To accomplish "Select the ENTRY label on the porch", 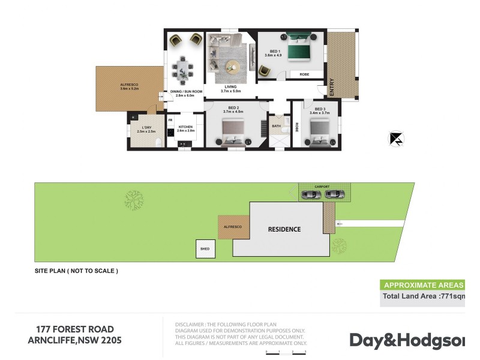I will coord(331,88).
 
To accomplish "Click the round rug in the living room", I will coord(231,71).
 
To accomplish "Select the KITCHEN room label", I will coord(185,127).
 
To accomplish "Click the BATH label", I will coord(276,126).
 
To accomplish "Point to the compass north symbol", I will coord(396,139).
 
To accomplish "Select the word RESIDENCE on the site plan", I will coord(284,229).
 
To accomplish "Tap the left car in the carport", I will coord(312,194).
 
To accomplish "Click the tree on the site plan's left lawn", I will coord(133,200).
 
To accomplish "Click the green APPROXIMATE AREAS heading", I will coord(422,285).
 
